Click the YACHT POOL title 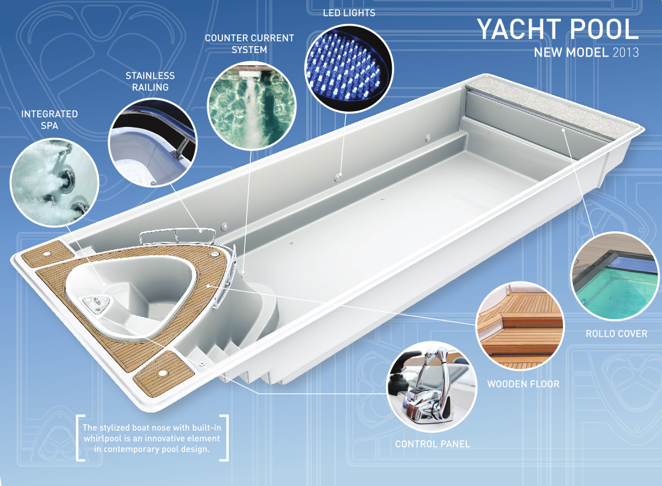tap(557, 30)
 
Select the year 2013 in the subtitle tap(625, 53)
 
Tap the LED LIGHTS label tap(349, 13)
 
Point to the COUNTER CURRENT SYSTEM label tap(249, 44)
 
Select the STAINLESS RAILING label tap(150, 82)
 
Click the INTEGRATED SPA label tap(49, 119)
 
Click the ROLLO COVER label tap(616, 334)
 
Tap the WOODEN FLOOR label tap(523, 384)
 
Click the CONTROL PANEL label tap(432, 444)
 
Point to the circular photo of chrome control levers tap(431, 386)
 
